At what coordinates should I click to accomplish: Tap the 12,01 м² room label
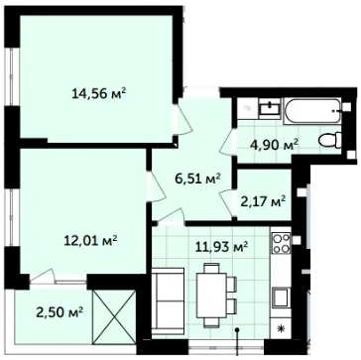pos(90,240)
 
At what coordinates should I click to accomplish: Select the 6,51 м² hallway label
pos(198,180)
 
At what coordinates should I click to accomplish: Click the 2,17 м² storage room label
pos(263,201)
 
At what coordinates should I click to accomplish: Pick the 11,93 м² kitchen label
pos(221,246)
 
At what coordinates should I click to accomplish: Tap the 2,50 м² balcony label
pos(60,311)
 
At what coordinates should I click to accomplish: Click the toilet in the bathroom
pos(330,140)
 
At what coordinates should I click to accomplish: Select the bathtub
pos(312,111)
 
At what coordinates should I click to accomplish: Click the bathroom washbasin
pos(270,108)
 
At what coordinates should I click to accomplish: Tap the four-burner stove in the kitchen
pos(281,243)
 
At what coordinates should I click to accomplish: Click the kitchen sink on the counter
pos(281,297)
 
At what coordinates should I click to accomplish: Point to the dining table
pos(211,296)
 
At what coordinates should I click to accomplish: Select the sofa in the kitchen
pos(168,301)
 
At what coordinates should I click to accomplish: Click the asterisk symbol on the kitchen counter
pos(282,328)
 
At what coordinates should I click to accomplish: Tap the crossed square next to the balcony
pos(114,316)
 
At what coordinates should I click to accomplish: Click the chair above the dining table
pos(211,268)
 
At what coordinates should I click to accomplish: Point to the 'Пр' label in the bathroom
pos(247,107)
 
